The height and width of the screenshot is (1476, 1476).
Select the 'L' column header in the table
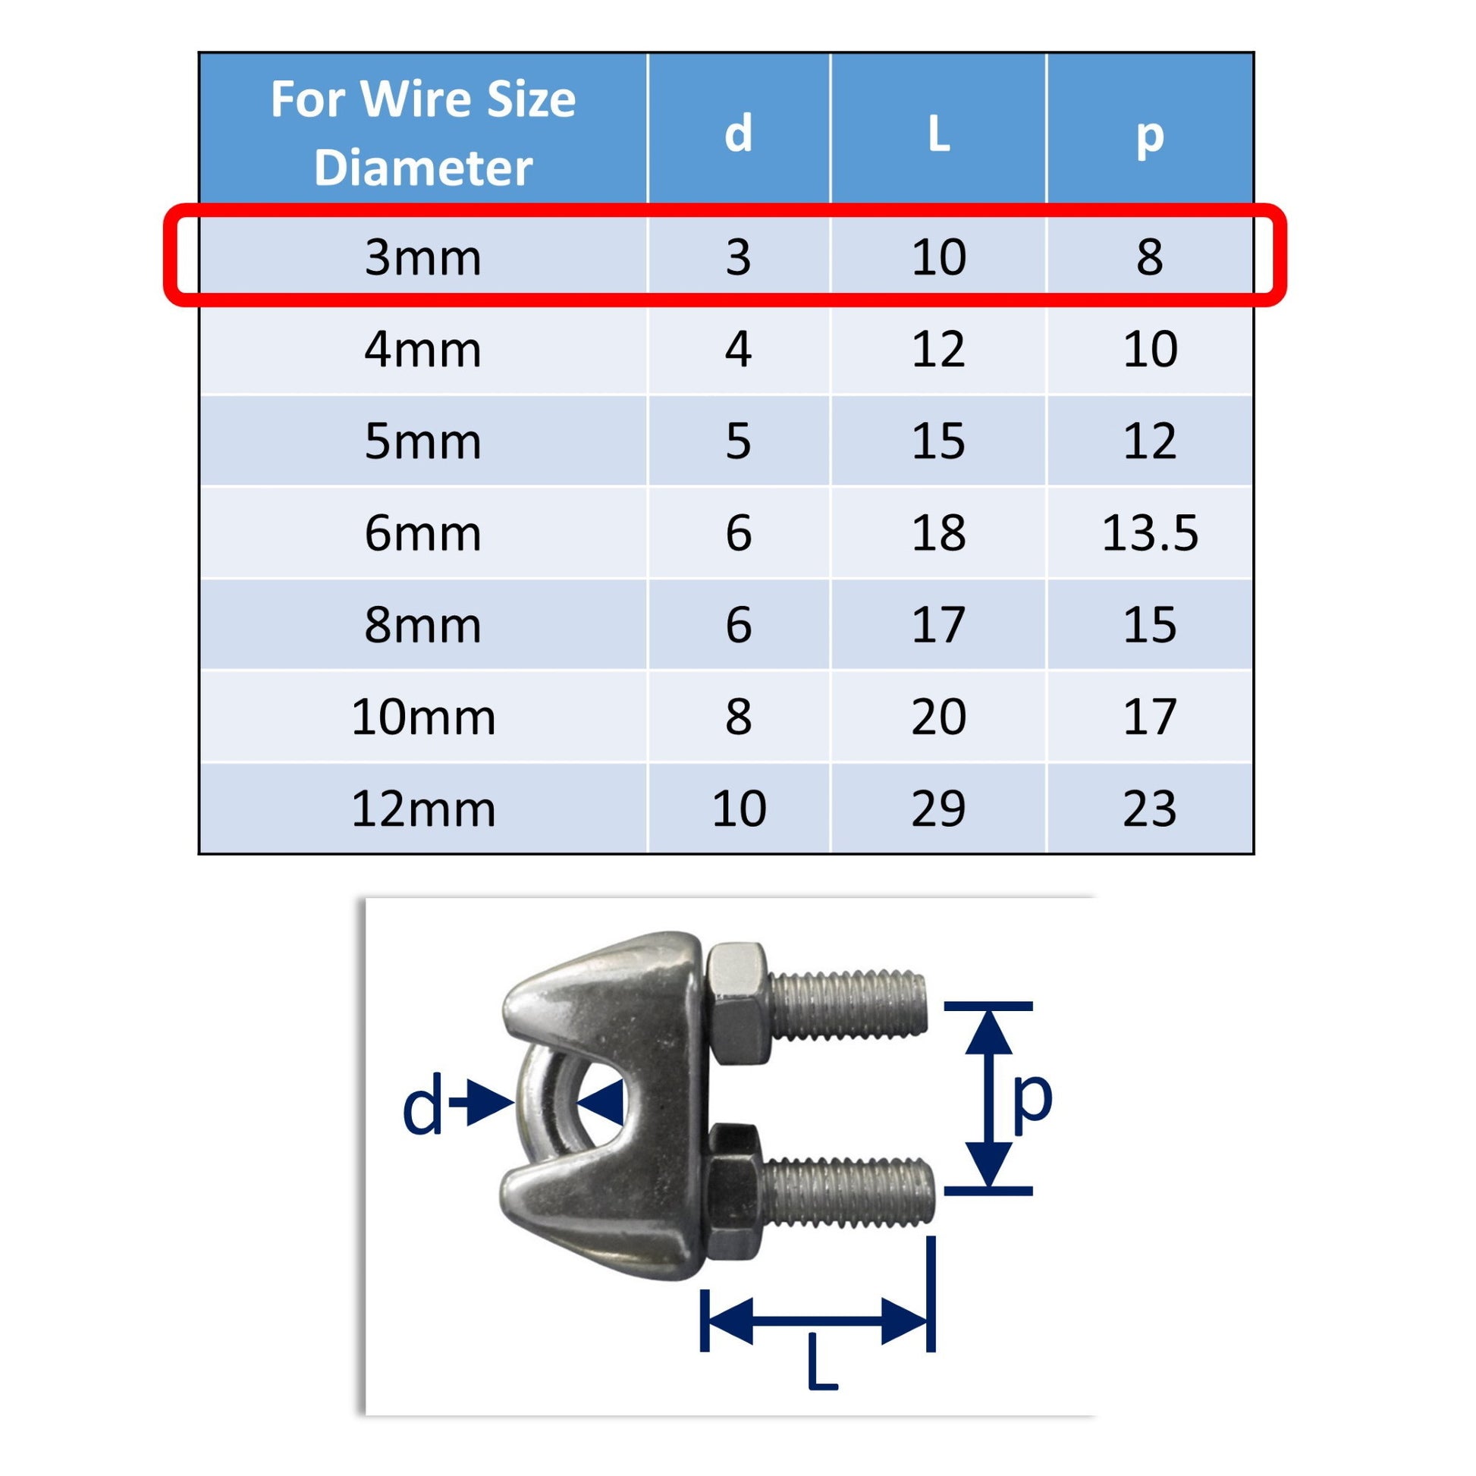pos(939,134)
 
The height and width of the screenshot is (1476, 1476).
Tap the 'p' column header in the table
pos(1150,137)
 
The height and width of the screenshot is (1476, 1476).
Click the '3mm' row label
pos(422,257)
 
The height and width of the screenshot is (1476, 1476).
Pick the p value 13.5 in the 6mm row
pos(1150,532)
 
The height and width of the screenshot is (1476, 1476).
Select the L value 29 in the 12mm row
pos(939,809)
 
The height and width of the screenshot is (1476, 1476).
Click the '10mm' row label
pos(422,717)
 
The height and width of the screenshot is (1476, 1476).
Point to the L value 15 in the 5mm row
pos(939,441)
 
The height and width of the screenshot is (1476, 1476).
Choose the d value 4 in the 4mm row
pos(739,349)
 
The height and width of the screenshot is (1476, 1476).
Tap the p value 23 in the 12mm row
pos(1150,809)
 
